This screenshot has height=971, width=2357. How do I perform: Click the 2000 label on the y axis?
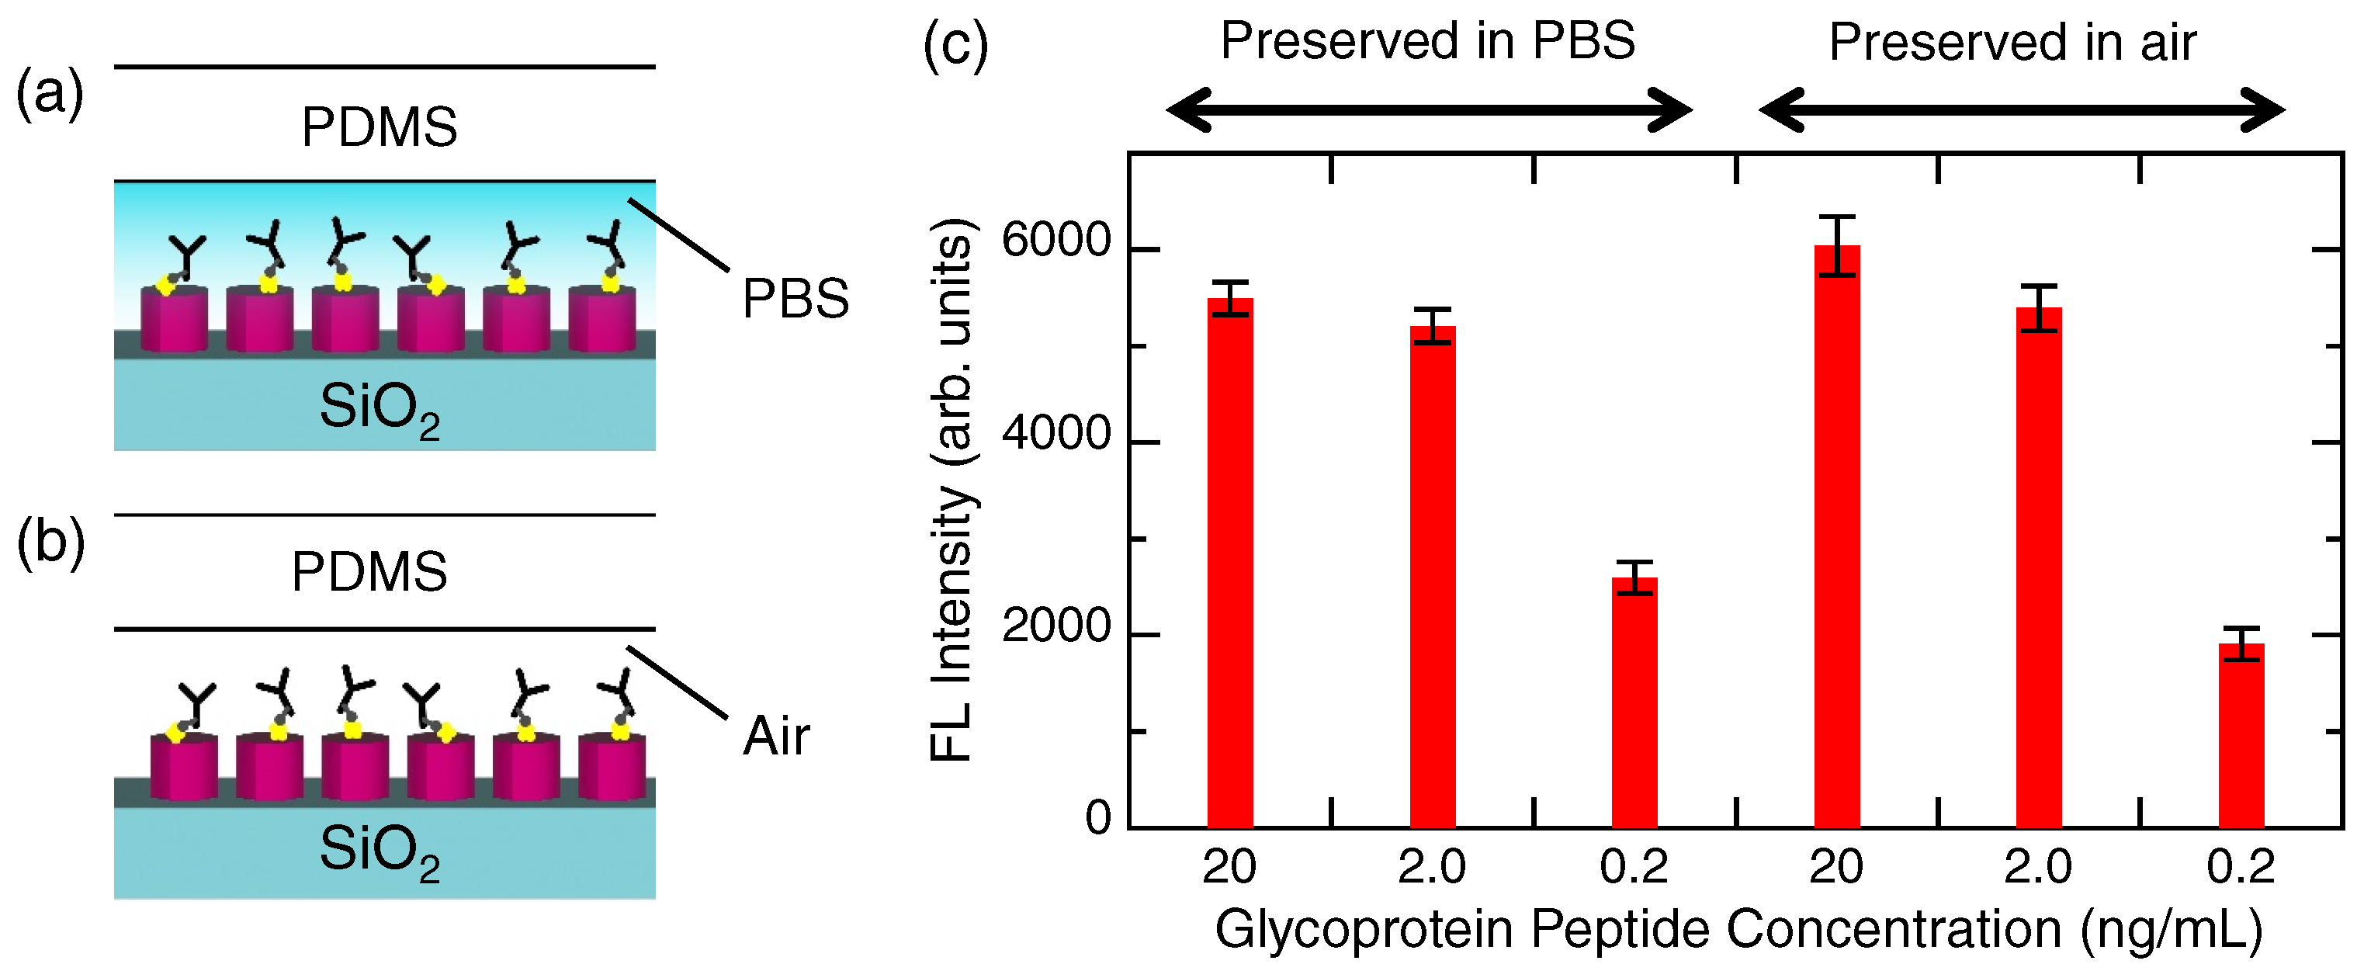point(1055,627)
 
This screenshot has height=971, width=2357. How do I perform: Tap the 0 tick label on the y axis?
point(1097,817)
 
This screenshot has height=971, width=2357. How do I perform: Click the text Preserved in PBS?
point(1427,41)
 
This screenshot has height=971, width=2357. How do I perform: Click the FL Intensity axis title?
point(951,490)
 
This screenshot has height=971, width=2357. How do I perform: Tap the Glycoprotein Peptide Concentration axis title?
point(1738,929)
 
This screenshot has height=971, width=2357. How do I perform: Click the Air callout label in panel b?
point(775,736)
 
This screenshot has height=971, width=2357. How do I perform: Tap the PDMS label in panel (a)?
point(379,127)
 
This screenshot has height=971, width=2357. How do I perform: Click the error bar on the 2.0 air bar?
point(2039,307)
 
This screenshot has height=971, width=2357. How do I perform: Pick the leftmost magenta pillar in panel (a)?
point(174,319)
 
